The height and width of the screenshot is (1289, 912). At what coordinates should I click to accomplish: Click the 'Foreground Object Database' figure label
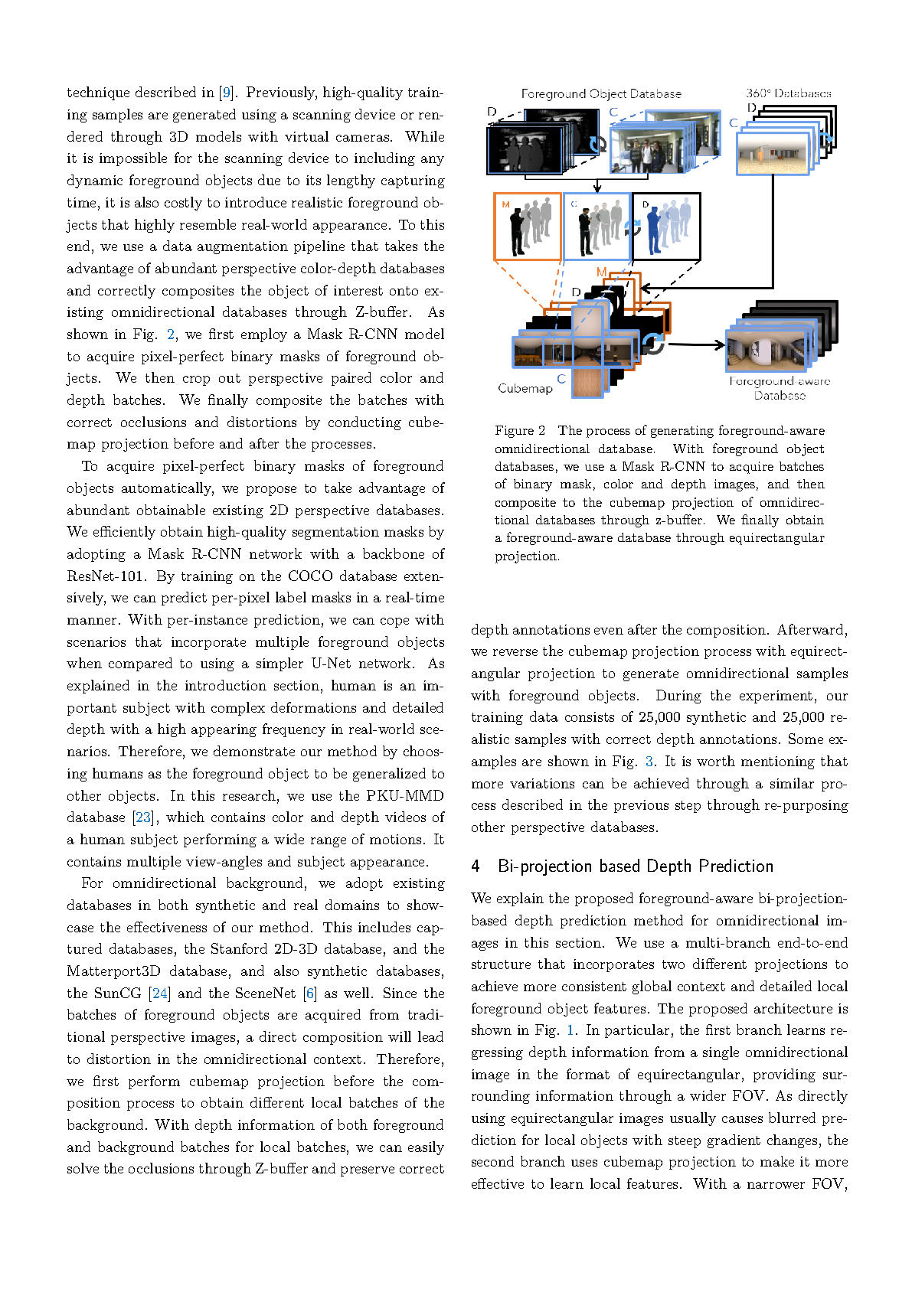click(601, 93)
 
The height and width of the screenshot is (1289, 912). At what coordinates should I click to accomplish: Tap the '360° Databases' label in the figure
click(789, 93)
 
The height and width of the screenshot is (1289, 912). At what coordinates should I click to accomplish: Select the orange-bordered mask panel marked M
click(528, 227)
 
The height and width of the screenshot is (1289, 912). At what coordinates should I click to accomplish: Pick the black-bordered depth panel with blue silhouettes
click(665, 227)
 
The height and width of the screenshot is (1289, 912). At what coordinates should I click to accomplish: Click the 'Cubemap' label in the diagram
click(525, 388)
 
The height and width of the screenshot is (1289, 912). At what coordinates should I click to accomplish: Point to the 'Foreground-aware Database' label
click(780, 388)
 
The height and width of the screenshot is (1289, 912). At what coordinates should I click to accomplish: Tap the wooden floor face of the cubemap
click(587, 380)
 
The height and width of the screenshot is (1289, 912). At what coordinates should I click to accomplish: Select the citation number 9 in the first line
click(226, 93)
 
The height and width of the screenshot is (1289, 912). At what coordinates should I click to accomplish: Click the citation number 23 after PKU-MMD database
click(143, 817)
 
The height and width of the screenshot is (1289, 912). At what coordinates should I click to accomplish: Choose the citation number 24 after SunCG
click(159, 994)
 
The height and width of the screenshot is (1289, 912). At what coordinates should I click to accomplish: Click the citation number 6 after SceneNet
click(309, 994)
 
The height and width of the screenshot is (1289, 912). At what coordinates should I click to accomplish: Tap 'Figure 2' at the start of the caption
click(520, 430)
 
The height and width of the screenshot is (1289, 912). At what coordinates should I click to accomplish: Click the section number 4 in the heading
click(476, 866)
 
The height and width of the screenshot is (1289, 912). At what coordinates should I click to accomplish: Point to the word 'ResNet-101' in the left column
click(106, 576)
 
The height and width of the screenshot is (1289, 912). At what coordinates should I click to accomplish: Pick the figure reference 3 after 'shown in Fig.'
click(649, 762)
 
